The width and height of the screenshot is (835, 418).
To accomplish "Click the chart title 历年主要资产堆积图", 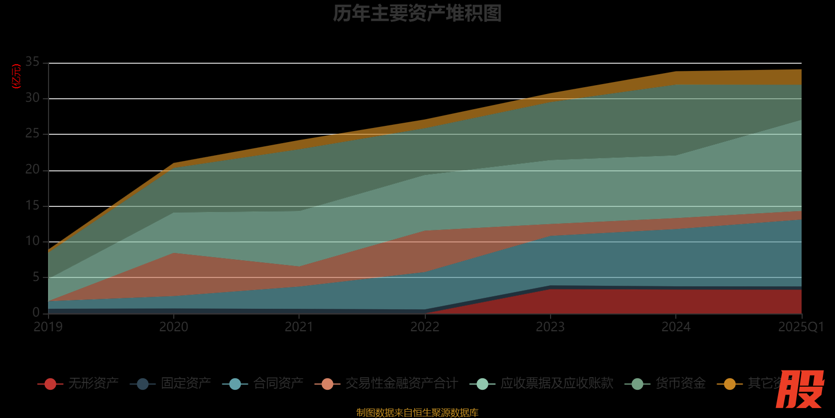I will (417, 14).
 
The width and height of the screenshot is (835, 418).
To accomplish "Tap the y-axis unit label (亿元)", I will (17, 76).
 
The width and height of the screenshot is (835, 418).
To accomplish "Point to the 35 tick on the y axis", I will (32, 62).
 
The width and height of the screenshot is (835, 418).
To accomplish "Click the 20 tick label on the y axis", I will (32, 170).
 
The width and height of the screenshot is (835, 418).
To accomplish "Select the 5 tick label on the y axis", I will (36, 277).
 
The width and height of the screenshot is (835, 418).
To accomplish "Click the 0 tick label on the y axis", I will (36, 312).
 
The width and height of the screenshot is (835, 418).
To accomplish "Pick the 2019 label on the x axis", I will (48, 327).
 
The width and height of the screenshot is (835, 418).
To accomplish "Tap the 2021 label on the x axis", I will (299, 327).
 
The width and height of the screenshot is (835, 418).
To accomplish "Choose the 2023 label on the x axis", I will (550, 327).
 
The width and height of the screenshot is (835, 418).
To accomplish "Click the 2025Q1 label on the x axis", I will (801, 327).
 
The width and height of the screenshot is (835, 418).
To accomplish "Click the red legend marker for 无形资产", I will (51, 384).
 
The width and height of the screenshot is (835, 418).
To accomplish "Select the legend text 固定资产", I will (186, 384).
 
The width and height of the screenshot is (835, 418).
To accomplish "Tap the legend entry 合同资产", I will (278, 384).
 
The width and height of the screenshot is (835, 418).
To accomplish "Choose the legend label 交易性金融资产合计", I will (402, 384).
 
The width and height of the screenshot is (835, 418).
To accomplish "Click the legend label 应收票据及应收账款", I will (557, 384).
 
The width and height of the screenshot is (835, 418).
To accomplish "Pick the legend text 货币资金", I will (681, 384).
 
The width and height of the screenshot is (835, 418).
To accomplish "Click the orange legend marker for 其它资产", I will (730, 384).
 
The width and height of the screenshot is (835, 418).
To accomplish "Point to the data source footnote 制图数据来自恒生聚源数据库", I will (417, 413).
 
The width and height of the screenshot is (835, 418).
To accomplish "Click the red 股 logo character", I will (800, 389).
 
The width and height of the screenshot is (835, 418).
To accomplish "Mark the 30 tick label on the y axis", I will (32, 98).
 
